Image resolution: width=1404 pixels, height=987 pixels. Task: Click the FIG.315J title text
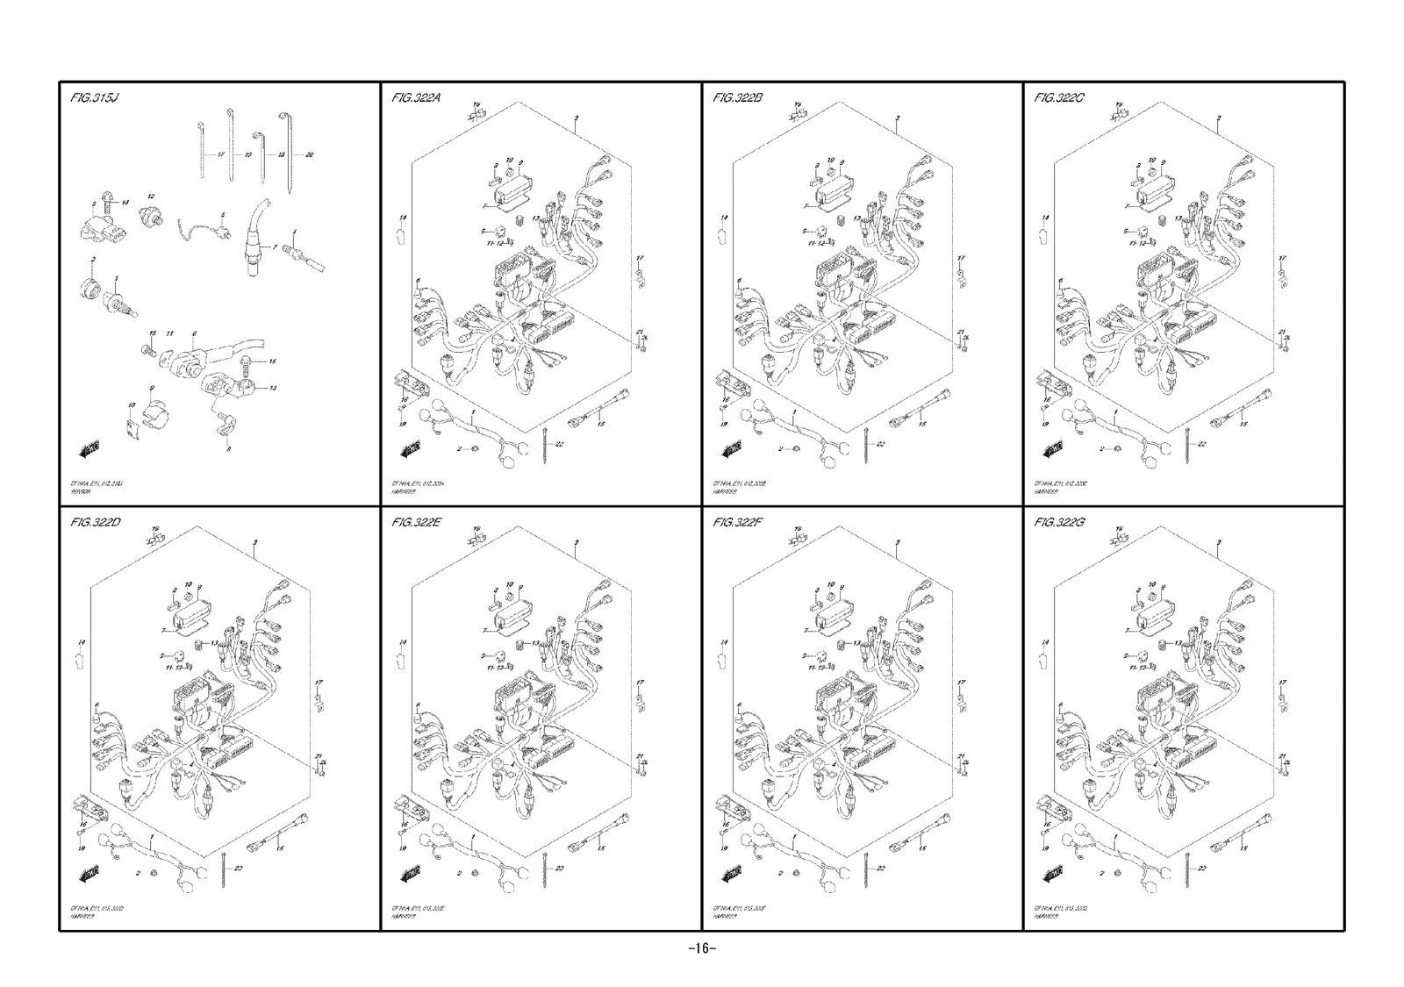pos(94,97)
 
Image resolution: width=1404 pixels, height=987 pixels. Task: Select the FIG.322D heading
pos(96,523)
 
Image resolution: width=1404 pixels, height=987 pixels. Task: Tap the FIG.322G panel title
pos(1060,523)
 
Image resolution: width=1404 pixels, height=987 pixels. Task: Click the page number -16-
pos(702,948)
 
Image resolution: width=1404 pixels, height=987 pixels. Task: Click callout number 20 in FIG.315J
pos(310,154)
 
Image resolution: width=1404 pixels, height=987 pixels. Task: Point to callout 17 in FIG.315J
pos(221,154)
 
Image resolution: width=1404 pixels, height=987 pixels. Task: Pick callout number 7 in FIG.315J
pos(274,248)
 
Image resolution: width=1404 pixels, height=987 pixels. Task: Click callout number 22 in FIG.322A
pos(559,445)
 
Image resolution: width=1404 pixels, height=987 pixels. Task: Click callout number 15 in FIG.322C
pos(1242,424)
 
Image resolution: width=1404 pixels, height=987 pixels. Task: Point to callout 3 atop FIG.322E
pos(576,544)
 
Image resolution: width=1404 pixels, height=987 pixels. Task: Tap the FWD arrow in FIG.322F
pos(731,876)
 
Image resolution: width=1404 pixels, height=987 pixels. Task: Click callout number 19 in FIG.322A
pos(403,423)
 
